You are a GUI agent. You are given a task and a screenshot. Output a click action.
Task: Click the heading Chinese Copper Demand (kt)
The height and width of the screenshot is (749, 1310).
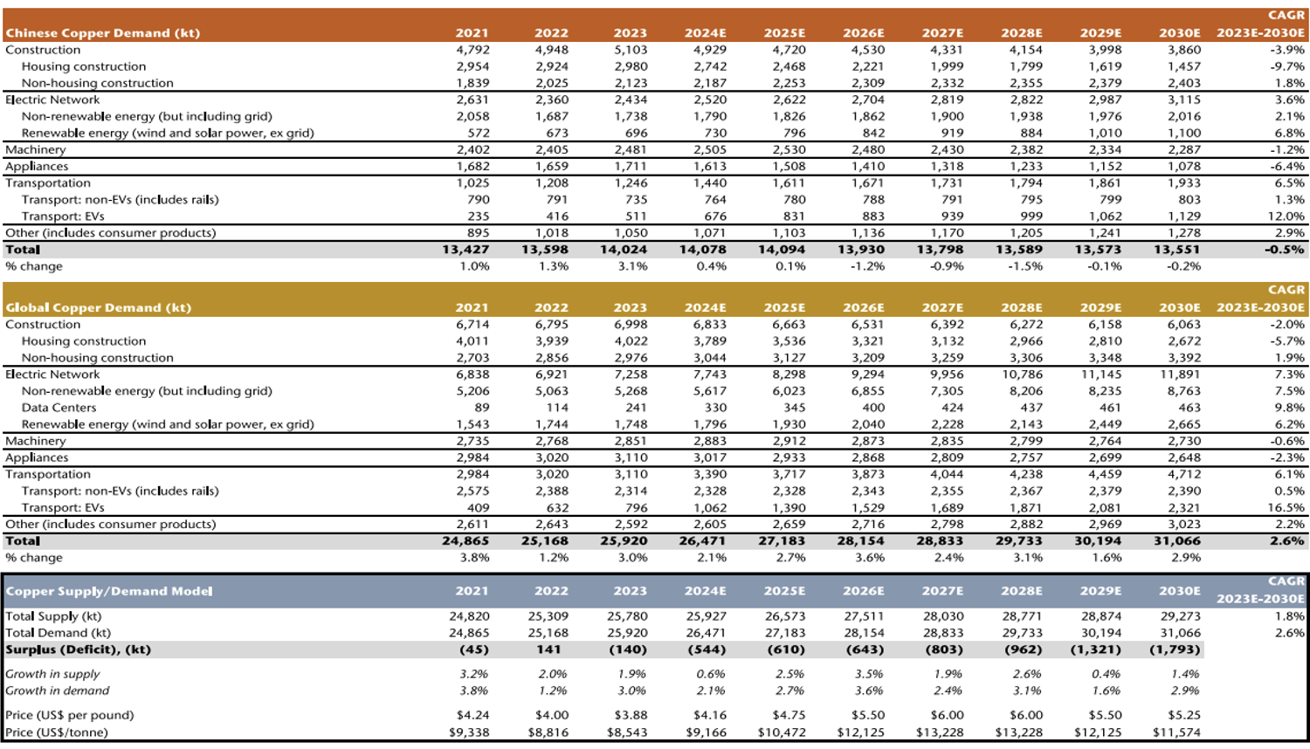(103, 33)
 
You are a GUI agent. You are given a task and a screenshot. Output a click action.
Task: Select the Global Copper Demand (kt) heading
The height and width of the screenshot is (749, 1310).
(98, 307)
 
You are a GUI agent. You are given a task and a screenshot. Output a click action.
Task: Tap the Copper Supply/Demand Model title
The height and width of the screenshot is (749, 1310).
(109, 591)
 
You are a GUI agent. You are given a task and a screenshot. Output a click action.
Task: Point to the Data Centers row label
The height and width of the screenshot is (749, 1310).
(59, 408)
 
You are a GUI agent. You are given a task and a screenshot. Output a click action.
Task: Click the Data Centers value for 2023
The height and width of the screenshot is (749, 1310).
(636, 408)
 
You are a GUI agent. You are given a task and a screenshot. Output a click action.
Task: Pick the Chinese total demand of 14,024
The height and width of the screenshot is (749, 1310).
(624, 250)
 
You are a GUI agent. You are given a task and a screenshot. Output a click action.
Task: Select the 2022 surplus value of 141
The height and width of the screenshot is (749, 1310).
(548, 649)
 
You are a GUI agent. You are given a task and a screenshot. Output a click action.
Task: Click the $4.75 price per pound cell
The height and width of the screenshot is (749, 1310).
(789, 715)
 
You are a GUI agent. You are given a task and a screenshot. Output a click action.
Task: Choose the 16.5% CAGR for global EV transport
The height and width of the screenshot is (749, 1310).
(1286, 507)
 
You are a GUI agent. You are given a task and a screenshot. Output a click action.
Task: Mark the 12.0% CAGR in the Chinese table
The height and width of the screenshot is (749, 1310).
(1286, 216)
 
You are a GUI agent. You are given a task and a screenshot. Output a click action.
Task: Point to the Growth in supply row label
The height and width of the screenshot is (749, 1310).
(52, 674)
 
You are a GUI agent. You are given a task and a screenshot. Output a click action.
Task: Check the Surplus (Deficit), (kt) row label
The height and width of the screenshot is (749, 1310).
(79, 649)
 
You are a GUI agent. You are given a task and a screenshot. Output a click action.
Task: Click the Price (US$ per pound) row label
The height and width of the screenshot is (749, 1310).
(70, 715)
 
